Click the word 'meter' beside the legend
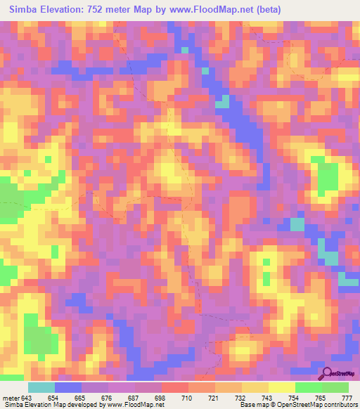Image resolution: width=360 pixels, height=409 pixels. (11, 397)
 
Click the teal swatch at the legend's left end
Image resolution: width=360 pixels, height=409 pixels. (41, 387)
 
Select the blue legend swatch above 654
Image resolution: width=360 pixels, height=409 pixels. (68, 387)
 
